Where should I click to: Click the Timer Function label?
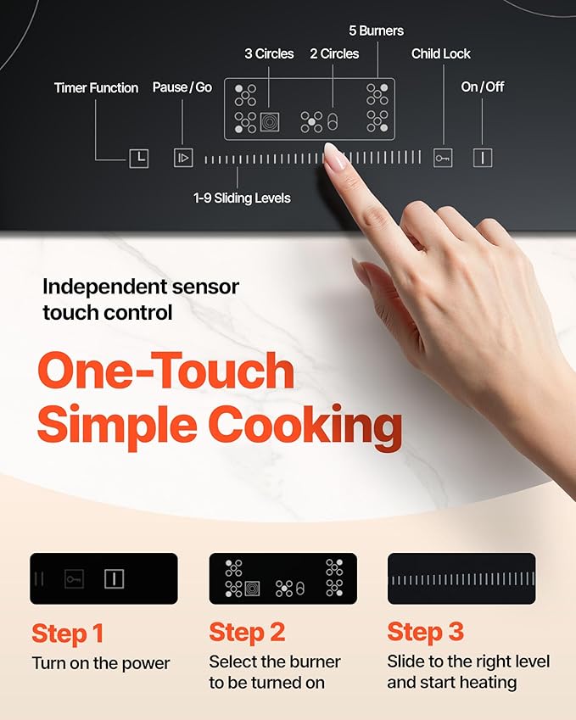pos(96,88)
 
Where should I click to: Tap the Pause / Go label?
pos(182,87)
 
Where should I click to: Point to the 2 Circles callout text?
pos(334,54)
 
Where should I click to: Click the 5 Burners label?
pos(376,31)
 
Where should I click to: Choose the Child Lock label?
pos(441,54)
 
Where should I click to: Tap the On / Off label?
pos(482,87)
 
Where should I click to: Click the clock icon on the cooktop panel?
pos(138,158)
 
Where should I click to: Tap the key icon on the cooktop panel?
pos(443,158)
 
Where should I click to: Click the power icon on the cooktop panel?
pos(483,158)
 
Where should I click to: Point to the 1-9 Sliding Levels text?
pos(242,198)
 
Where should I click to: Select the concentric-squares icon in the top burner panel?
pos(271,122)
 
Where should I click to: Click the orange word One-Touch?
pos(165,371)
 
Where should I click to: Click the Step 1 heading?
pos(67,633)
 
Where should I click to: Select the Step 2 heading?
pos(248,633)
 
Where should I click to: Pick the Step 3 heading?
pos(426,633)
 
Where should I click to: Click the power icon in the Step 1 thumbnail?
pos(114,579)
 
